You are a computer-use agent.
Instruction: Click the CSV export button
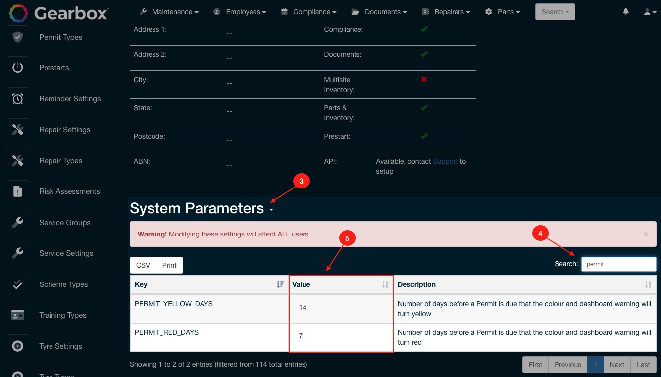[x=143, y=265]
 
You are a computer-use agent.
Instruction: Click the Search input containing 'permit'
[x=618, y=264]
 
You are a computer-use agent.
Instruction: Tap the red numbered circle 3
[x=301, y=181]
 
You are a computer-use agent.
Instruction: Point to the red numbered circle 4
[x=540, y=233]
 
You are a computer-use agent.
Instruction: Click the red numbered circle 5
[x=347, y=238]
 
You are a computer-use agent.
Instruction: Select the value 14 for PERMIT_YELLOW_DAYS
[x=303, y=308]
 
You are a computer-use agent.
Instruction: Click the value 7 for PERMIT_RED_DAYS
[x=301, y=336]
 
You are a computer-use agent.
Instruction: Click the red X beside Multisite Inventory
[x=424, y=79]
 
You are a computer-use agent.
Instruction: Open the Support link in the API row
[x=445, y=161]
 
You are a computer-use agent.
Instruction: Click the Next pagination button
[x=617, y=365]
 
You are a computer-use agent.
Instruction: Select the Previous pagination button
[x=567, y=365]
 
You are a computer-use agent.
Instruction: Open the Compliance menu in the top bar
[x=308, y=12]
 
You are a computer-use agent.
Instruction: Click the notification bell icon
[x=626, y=11]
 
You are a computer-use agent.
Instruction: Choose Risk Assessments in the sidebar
[x=69, y=191]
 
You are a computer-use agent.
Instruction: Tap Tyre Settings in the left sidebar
[x=60, y=346]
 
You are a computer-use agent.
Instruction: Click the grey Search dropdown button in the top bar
[x=555, y=12]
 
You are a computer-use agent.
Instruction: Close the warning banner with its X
[x=646, y=234]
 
